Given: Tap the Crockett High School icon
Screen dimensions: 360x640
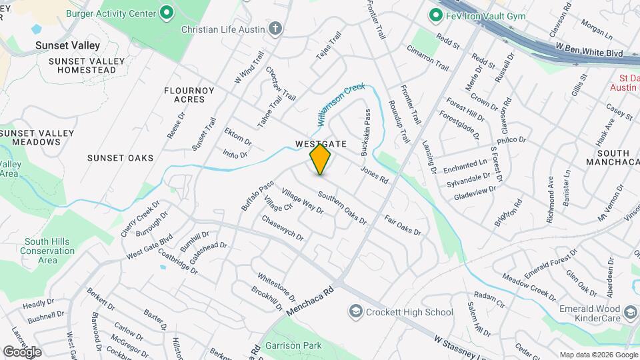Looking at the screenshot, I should [x=355, y=312].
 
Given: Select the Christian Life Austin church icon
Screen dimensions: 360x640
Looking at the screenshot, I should [x=275, y=29].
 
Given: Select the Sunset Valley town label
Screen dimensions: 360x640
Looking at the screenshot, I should [x=69, y=46].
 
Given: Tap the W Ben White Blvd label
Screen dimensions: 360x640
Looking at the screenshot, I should [x=589, y=52].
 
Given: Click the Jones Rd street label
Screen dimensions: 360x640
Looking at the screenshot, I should [x=374, y=175].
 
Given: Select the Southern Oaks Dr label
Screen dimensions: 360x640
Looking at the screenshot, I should [x=341, y=207].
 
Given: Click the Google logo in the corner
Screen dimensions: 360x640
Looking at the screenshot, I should [x=22, y=351].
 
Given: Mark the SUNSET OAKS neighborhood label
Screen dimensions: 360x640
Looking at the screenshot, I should [x=120, y=158].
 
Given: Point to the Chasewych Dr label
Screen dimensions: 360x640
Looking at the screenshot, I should [x=282, y=228].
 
